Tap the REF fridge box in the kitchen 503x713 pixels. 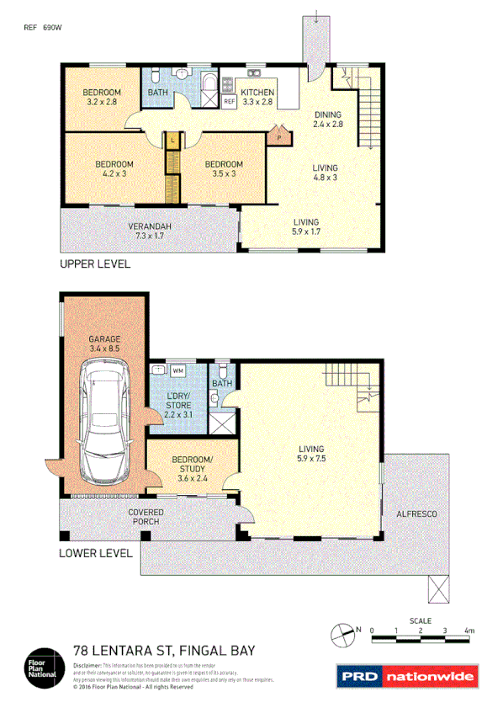point(229,102)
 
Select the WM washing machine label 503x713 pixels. point(177,370)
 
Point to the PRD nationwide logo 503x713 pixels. point(407,676)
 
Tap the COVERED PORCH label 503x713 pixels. point(145,517)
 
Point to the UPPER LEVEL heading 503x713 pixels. point(94,264)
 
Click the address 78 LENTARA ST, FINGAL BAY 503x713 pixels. point(164,650)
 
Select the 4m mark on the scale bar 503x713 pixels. point(469,630)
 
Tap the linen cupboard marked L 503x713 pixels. point(172,139)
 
